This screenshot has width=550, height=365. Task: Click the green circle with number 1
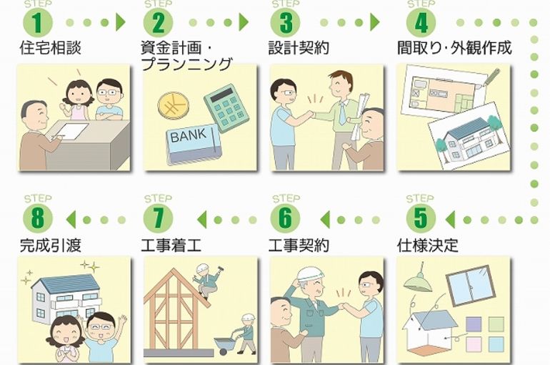(38, 23)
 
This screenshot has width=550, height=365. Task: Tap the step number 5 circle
(421, 218)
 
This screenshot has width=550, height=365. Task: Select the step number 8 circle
(38, 218)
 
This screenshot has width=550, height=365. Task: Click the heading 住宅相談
(51, 48)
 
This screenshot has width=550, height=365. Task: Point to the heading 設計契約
(299, 48)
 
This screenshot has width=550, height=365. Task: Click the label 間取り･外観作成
(454, 48)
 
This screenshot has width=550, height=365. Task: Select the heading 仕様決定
(428, 245)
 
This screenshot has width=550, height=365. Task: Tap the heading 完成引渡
(51, 245)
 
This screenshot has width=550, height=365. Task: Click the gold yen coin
(174, 105)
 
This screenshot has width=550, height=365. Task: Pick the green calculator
(226, 107)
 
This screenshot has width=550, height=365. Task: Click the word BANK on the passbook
(189, 135)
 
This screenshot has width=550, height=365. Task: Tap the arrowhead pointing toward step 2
(120, 23)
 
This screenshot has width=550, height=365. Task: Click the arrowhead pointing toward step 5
(450, 220)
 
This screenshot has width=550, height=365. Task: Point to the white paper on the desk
(71, 131)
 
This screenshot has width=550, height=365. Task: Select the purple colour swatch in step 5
(474, 324)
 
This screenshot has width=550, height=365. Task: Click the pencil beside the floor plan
(491, 77)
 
